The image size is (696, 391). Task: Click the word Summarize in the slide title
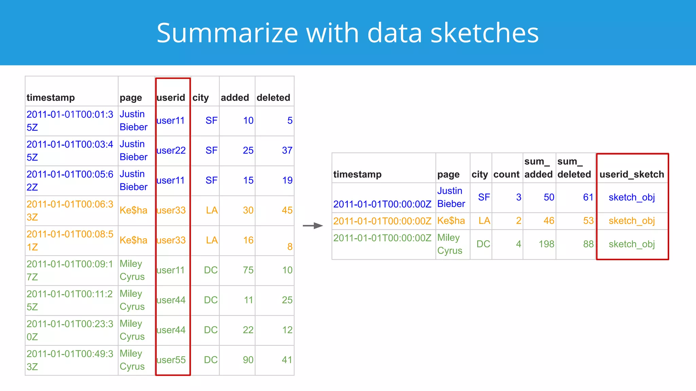(x=227, y=33)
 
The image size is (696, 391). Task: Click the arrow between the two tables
(x=313, y=226)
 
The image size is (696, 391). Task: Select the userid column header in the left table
(x=171, y=98)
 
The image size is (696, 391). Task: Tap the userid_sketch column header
(x=631, y=174)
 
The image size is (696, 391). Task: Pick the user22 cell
(x=171, y=150)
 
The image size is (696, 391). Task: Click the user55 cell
(x=171, y=360)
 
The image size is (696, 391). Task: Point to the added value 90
(x=248, y=360)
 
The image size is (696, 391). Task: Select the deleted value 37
(x=287, y=150)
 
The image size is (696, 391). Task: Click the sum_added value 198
(x=546, y=244)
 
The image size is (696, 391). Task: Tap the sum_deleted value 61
(x=588, y=197)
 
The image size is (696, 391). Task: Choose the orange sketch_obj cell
(x=631, y=221)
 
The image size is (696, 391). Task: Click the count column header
(x=506, y=174)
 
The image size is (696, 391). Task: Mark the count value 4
(x=518, y=244)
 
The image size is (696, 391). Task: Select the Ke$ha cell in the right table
(x=451, y=221)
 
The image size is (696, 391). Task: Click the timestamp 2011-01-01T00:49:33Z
(x=70, y=360)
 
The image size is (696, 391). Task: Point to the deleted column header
(x=273, y=98)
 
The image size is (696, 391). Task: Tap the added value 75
(x=248, y=270)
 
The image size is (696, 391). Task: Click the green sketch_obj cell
(x=631, y=244)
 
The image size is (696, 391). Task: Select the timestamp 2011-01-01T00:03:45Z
(x=70, y=150)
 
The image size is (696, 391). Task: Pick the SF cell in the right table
(x=484, y=197)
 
